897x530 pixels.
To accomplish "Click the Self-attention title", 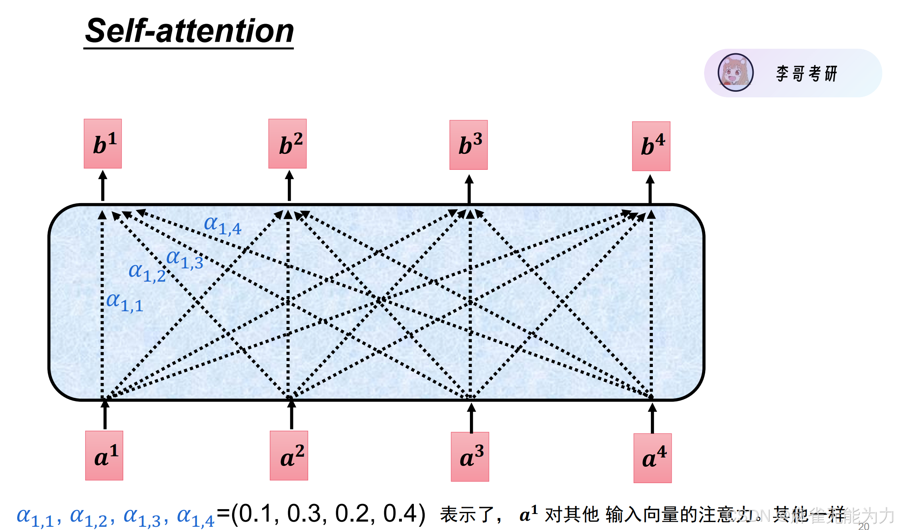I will click(x=189, y=31).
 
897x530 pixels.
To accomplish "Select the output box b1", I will click(x=103, y=144).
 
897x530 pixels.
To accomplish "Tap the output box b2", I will click(x=287, y=144).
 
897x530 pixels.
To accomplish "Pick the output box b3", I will click(x=468, y=145).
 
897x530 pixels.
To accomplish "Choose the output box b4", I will click(x=651, y=146).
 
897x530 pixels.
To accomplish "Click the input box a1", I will click(x=104, y=455).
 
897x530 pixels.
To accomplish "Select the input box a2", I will click(x=289, y=455).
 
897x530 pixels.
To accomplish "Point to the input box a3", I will click(x=470, y=457).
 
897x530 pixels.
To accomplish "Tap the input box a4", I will click(x=652, y=458).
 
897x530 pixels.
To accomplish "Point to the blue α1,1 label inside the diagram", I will click(x=124, y=302).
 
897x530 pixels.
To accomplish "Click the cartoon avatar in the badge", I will click(x=735, y=73).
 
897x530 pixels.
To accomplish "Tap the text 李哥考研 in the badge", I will click(x=807, y=74).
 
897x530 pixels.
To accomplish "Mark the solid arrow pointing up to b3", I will click(x=469, y=189).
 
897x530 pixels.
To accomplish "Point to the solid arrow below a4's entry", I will click(x=652, y=418).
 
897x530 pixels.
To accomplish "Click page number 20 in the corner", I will click(x=863, y=526).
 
